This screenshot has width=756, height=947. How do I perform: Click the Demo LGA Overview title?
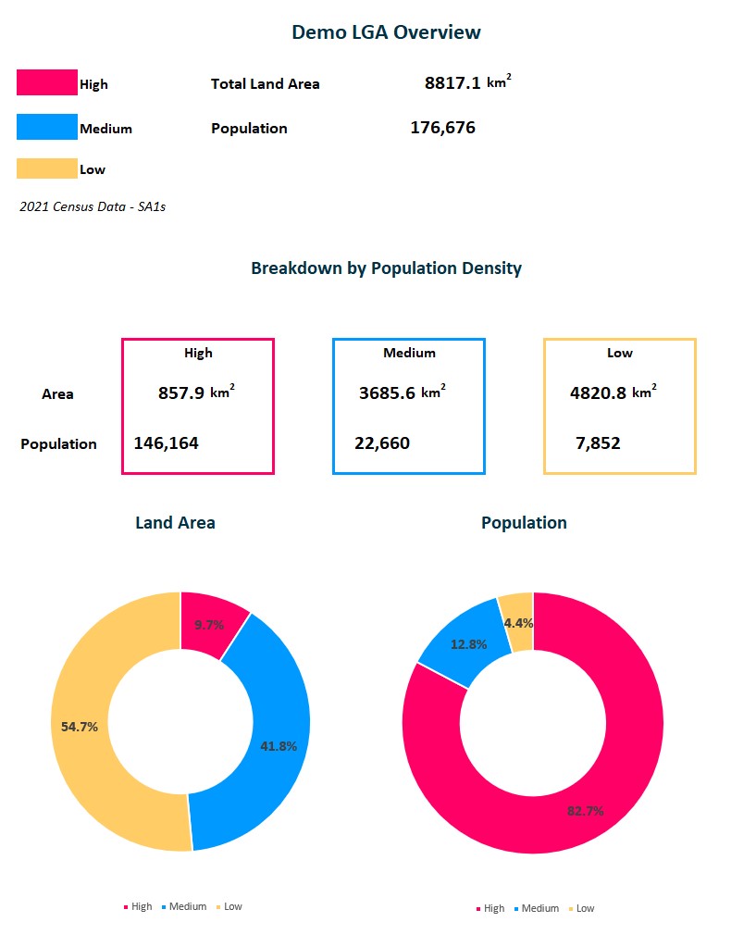pos(386,32)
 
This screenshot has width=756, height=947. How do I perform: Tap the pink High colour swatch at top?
pos(46,82)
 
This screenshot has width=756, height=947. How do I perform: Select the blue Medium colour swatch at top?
pos(46,127)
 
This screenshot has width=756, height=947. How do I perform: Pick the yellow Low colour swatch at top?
pos(46,168)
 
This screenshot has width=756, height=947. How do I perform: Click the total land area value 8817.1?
pos(452,83)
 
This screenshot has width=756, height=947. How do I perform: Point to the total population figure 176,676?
pos(442,128)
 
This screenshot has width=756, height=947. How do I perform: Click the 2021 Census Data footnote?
pos(93,206)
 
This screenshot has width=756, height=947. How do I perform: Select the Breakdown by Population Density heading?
pos(386,268)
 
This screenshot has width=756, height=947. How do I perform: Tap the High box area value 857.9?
pos(180,393)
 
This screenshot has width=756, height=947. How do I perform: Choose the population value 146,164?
pos(167,443)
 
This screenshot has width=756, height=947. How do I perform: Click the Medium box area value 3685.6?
pos(387,393)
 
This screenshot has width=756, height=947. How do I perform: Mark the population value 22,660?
pos(382,443)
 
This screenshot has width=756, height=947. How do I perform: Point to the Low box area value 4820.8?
pos(598,393)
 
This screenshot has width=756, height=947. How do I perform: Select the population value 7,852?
pos(598,443)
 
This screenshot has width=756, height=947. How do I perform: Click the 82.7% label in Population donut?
pos(585,811)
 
